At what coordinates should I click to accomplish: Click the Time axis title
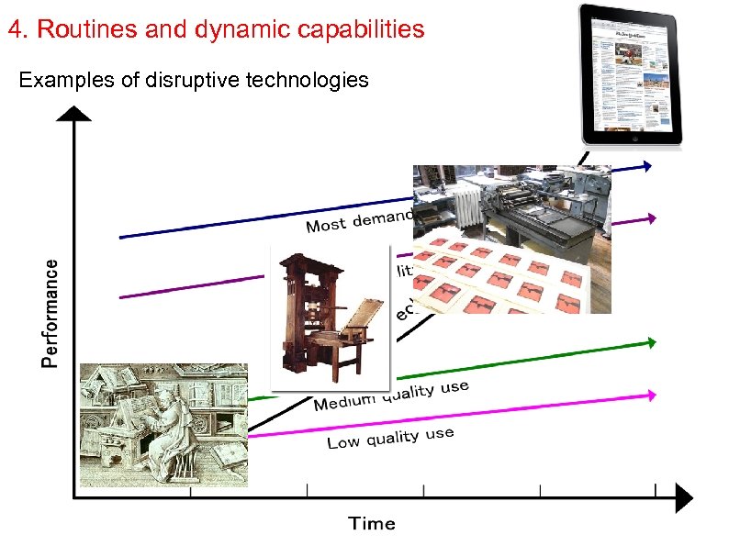point(372,524)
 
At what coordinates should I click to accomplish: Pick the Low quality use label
point(390,439)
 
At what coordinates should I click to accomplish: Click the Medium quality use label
point(391,396)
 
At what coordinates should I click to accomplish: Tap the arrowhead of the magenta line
point(651,395)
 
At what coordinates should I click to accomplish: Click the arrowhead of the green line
point(651,342)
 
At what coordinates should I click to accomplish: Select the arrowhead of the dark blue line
point(647,166)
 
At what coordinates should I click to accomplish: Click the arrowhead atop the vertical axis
point(74,114)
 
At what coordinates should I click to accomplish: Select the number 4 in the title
point(14,29)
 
